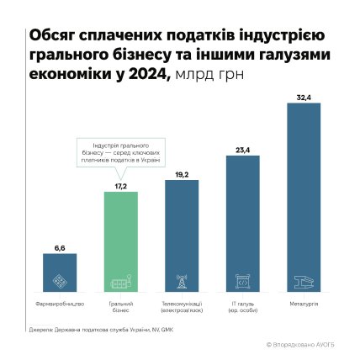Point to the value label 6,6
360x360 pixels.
(59, 250)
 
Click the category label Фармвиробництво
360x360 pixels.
(59, 303)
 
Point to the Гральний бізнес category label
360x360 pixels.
(120, 305)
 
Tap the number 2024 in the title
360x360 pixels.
(148, 76)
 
